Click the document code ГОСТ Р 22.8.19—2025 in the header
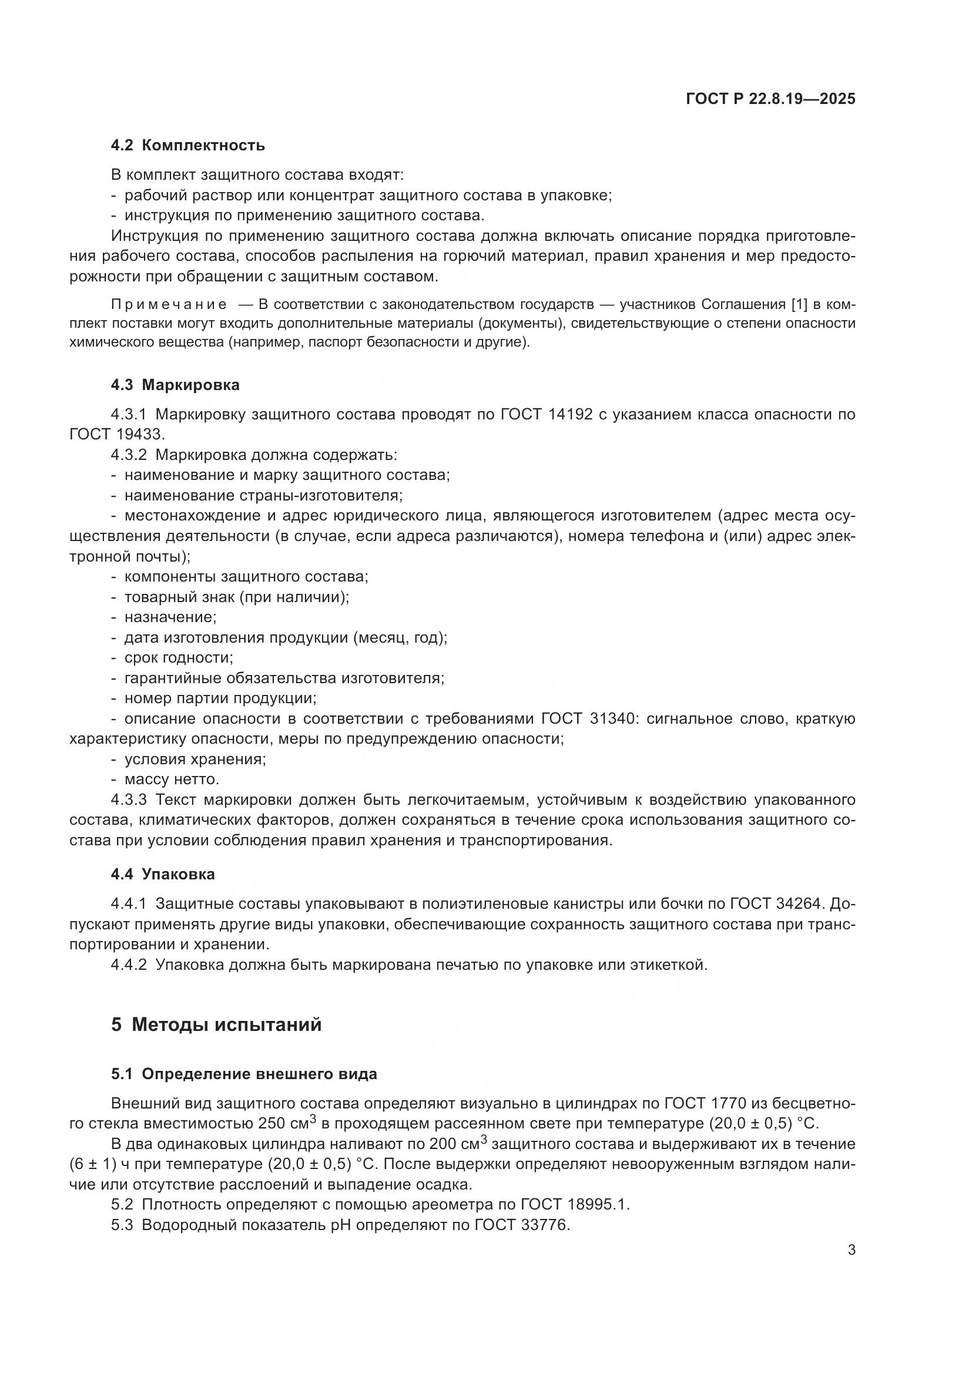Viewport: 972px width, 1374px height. (x=770, y=99)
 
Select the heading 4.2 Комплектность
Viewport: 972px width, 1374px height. (x=187, y=146)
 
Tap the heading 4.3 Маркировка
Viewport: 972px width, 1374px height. (x=175, y=385)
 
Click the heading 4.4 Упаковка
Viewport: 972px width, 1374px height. (x=163, y=874)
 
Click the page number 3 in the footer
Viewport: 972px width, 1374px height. (x=851, y=1250)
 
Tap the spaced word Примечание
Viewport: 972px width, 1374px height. (x=169, y=305)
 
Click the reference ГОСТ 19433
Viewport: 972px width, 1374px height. (x=117, y=435)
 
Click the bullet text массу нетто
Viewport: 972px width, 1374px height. (x=172, y=779)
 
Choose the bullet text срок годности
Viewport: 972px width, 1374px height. (x=179, y=658)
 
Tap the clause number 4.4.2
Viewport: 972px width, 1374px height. (x=128, y=965)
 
